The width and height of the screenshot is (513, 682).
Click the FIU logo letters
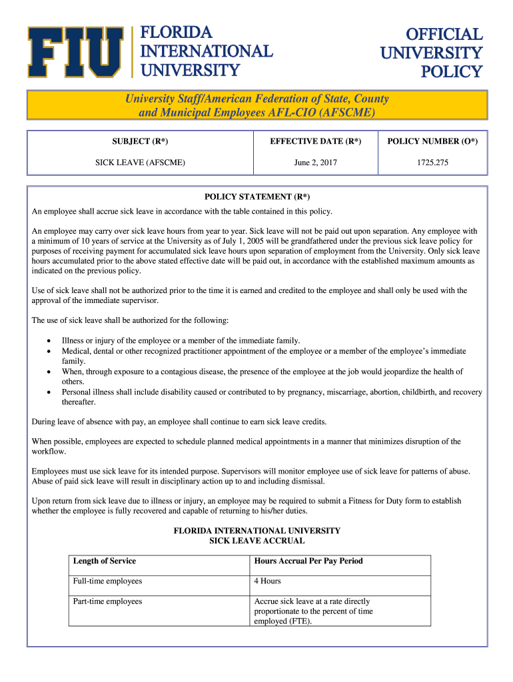click(x=75, y=52)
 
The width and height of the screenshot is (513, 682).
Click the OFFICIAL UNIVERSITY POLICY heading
click(x=432, y=53)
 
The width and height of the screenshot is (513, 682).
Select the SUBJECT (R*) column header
click(x=140, y=141)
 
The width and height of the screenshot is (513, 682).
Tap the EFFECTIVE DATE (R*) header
click(x=315, y=141)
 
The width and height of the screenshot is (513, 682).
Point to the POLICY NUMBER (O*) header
click(x=432, y=141)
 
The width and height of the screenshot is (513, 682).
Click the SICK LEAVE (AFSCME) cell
click(x=140, y=162)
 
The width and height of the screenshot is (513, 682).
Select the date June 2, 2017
click(x=315, y=162)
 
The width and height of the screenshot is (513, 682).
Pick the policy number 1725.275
click(x=432, y=162)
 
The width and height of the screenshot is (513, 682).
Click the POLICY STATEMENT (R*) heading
click(x=257, y=197)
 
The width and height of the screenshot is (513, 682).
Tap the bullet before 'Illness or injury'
click(x=49, y=340)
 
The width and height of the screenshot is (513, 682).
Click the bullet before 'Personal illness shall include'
click(x=49, y=392)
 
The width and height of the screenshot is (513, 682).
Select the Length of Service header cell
click(x=105, y=561)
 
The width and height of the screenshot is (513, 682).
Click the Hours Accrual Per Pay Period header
click(x=308, y=561)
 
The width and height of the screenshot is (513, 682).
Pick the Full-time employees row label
click(x=108, y=581)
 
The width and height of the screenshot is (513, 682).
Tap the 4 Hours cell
click(x=267, y=581)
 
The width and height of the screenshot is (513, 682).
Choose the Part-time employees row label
click(x=108, y=601)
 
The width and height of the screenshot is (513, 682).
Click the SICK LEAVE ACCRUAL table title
click(x=257, y=541)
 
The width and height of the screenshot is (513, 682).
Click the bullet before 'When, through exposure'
click(x=49, y=372)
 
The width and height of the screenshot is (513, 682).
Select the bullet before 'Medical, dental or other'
click(x=49, y=351)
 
